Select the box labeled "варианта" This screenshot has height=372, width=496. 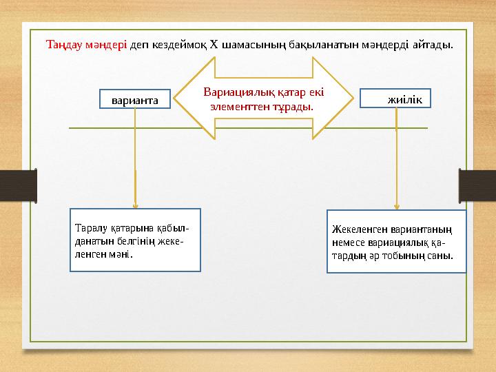click(135, 100)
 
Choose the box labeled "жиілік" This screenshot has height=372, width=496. click(396, 100)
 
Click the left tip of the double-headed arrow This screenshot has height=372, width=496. click(174, 99)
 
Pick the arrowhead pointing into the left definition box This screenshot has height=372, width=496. click(135, 205)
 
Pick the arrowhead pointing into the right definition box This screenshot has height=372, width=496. click(396, 205)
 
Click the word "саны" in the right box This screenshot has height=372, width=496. click(440, 255)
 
